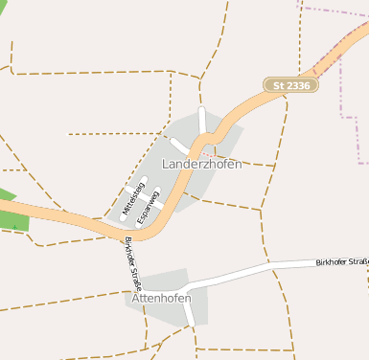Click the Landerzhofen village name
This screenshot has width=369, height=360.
pyautogui.click(x=202, y=164)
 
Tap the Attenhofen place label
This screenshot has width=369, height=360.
pyautogui.click(x=159, y=298)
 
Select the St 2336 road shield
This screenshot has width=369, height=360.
pyautogui.click(x=291, y=85)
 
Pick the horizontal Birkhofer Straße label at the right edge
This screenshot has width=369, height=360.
pyautogui.click(x=341, y=261)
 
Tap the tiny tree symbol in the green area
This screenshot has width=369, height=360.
pyautogui.click(x=14, y=226)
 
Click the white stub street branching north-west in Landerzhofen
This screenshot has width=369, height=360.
pyautogui.click(x=180, y=146)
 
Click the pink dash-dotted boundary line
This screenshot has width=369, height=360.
pyautogui.click(x=342, y=86)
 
